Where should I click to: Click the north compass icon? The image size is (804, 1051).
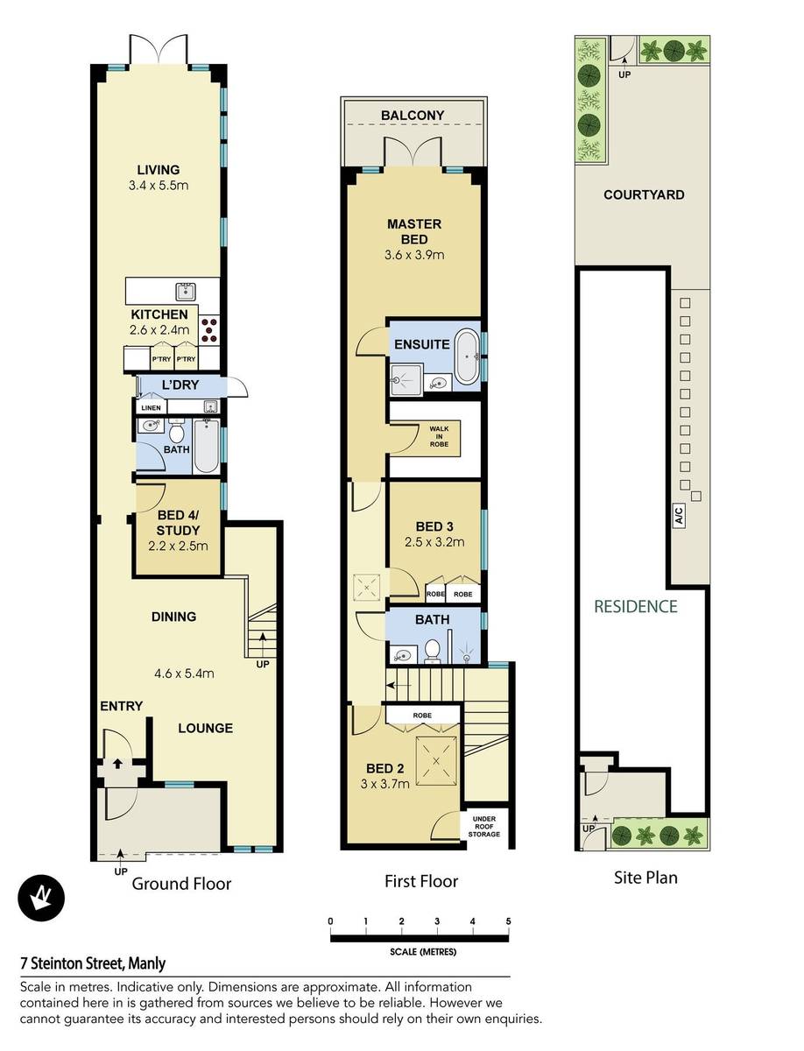pos(41,899)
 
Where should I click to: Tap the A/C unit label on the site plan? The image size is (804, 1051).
pos(680,515)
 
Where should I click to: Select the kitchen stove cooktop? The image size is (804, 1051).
pos(208,330)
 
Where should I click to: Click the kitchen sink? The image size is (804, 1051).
pos(186,291)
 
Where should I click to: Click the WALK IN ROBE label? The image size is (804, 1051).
pos(439,436)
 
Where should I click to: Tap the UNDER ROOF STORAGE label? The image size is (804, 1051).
pos(483,827)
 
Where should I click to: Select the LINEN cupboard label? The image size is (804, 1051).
pos(151,407)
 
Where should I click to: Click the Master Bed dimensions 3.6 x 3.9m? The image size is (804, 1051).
pos(414,255)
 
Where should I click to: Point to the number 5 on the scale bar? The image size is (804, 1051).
pos(508,921)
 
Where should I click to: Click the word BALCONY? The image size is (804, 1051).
pos(413,116)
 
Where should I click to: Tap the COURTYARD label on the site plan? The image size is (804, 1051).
pos(644,195)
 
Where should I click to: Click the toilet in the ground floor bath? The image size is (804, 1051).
pos(176,430)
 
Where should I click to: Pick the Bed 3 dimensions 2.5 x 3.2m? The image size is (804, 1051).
pos(434,542)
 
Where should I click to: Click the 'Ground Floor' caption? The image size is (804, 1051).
pos(181,884)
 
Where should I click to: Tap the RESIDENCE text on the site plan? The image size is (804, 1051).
pos(636,607)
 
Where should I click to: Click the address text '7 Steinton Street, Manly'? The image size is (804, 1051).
pos(93,963)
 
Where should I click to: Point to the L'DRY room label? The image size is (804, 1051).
pos(180,384)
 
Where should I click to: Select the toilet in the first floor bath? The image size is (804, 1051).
pos(432,652)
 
